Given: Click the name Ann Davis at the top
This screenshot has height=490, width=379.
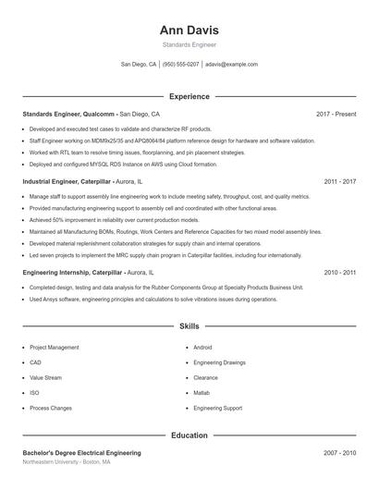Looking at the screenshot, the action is point(189,31).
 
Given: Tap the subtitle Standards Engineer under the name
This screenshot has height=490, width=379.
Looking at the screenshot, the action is point(189,44).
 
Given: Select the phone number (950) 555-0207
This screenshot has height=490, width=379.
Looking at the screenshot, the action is point(180,65).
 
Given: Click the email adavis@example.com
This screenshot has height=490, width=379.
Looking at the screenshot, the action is point(231,65).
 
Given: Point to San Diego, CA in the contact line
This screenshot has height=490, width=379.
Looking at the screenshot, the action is point(139,65).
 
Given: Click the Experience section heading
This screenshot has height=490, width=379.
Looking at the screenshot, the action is point(189,96).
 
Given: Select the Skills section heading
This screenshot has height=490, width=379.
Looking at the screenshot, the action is point(189,326).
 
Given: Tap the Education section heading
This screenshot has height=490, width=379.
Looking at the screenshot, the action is point(189,435).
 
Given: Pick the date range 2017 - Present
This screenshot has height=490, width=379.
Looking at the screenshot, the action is point(336,114).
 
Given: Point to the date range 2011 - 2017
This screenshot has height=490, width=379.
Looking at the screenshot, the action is point(339,182).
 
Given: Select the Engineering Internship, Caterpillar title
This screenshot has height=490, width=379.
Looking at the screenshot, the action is point(73,273).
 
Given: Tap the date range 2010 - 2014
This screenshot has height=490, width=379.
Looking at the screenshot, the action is point(339,273).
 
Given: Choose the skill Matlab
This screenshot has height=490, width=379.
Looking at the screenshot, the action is point(203,393).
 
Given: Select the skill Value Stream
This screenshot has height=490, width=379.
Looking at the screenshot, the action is point(45,378).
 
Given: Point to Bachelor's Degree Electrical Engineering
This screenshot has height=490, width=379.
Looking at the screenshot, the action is point(81,453).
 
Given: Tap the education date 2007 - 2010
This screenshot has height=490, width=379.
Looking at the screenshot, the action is point(339,453).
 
